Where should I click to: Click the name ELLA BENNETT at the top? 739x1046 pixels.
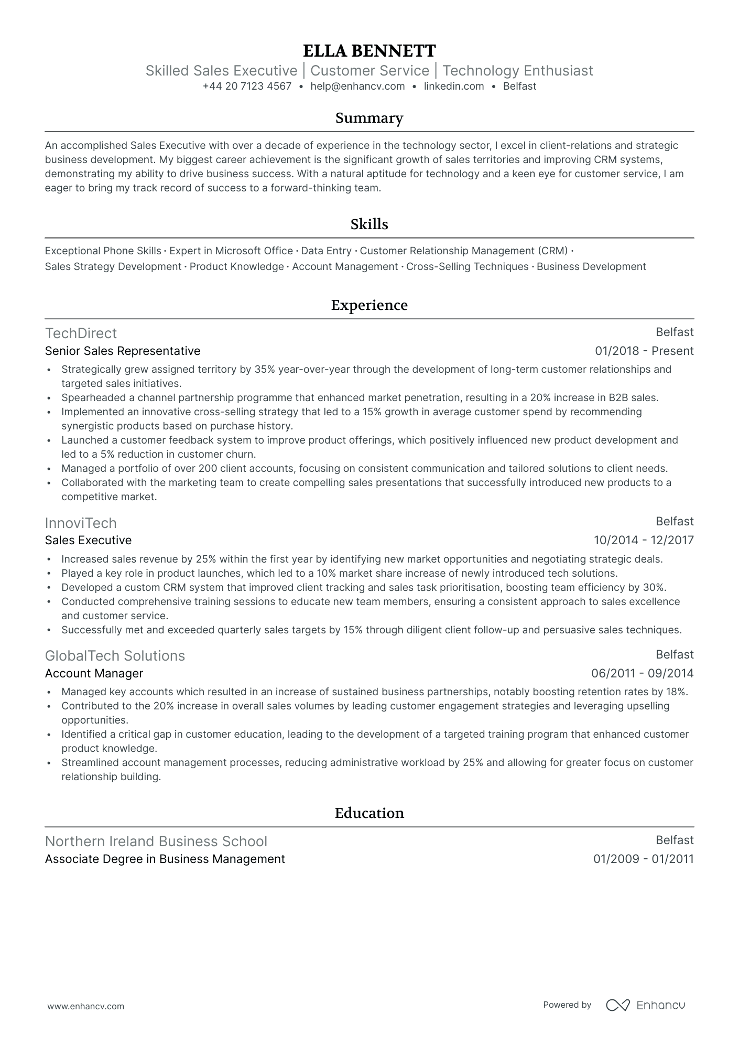369,51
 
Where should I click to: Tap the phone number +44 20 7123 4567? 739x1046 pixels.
247,87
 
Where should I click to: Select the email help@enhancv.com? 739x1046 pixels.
357,87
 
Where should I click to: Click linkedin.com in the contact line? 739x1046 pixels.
454,87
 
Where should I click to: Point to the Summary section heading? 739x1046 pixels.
369,118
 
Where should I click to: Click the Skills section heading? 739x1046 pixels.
369,224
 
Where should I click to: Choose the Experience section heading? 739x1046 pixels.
369,305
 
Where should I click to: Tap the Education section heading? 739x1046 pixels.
369,813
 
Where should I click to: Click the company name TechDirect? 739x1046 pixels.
81,333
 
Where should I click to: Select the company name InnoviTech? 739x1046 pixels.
81,523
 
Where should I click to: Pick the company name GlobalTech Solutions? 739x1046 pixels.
115,656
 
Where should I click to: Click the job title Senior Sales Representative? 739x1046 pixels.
123,351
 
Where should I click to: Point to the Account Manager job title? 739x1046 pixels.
94,674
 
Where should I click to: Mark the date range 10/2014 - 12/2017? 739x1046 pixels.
644,541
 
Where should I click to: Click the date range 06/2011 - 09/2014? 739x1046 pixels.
642,674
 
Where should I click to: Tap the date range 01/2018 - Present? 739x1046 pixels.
644,351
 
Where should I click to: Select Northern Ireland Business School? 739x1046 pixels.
156,842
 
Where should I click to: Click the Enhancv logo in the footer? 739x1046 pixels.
645,1005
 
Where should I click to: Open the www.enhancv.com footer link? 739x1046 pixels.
86,1006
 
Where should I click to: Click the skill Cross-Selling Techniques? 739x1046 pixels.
468,267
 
